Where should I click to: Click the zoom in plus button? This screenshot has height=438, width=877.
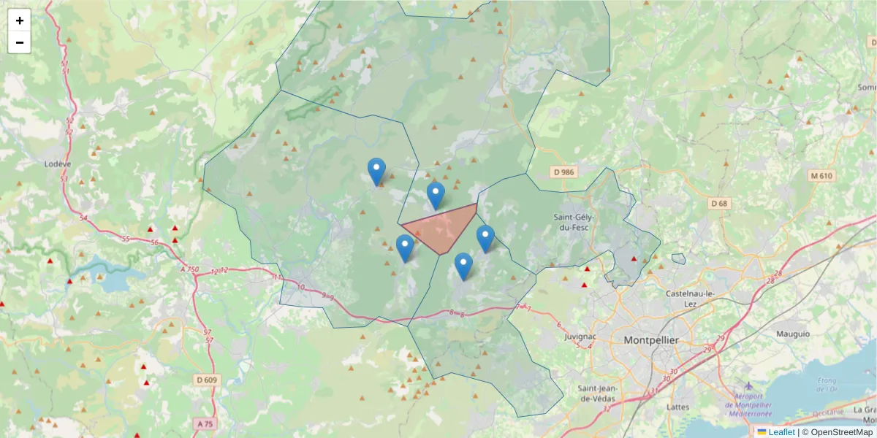(20, 20)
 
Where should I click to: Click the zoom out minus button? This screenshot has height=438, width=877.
(20, 42)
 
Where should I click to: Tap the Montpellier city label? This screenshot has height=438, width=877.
(651, 340)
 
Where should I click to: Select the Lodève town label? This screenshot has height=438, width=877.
(56, 164)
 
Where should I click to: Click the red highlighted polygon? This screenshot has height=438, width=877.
(442, 227)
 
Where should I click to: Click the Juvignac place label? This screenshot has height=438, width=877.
(581, 337)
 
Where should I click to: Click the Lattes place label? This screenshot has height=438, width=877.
(679, 407)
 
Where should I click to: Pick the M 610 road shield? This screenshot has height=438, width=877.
(822, 176)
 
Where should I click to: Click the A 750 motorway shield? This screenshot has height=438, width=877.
(189, 269)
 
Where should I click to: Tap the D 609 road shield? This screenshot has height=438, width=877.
(208, 380)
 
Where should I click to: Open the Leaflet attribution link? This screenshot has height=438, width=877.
(781, 432)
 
